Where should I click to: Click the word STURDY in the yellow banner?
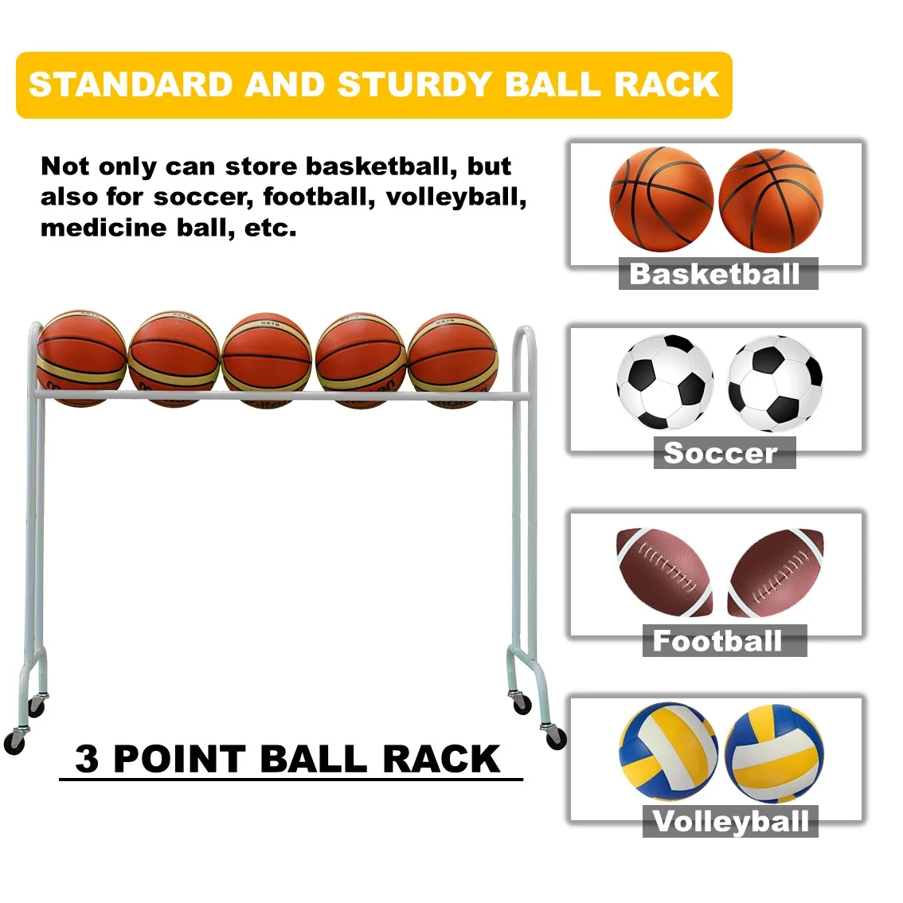(414, 84)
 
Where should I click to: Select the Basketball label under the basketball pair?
(715, 274)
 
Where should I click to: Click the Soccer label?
(721, 453)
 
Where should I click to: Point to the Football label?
(717, 641)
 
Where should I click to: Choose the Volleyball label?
(730, 821)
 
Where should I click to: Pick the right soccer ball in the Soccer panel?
(775, 384)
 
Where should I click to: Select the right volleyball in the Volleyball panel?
(775, 753)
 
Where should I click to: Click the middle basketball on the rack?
(267, 359)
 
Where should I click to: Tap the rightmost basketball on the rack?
(453, 359)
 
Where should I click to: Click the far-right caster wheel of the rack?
(555, 737)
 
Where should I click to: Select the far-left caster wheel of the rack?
(14, 742)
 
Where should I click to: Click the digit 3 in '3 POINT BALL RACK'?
(88, 759)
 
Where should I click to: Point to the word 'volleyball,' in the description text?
(456, 197)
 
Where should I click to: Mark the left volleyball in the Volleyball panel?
(667, 750)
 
